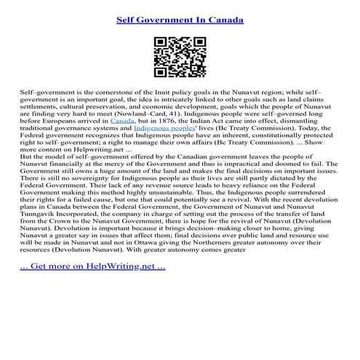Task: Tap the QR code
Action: click(x=180, y=57)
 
